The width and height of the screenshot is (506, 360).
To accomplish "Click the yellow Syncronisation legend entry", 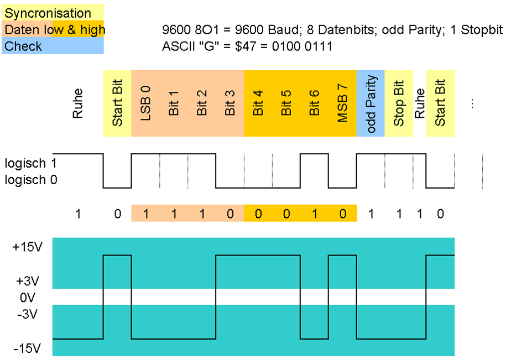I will pyautogui.click(x=48, y=13).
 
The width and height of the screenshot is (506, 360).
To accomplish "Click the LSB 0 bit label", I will pyautogui.click(x=145, y=103).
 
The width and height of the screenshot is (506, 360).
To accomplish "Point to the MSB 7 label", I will pyautogui.click(x=343, y=103).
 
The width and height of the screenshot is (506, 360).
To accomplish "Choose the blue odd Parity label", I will pyautogui.click(x=371, y=104).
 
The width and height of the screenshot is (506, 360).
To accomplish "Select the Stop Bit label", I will pyautogui.click(x=399, y=103).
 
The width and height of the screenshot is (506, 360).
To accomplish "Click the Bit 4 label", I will pyautogui.click(x=258, y=103).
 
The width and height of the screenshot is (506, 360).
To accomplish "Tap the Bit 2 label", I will pyautogui.click(x=202, y=103).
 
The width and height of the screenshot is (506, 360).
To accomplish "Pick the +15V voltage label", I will pyautogui.click(x=27, y=247).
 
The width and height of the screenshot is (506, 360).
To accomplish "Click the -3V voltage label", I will pyautogui.click(x=27, y=315).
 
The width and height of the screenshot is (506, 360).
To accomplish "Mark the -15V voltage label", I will pyautogui.click(x=27, y=348).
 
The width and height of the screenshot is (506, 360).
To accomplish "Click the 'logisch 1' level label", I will pyautogui.click(x=31, y=164).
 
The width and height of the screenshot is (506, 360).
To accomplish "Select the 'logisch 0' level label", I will pyautogui.click(x=31, y=180).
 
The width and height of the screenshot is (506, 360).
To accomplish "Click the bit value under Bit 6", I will pyautogui.click(x=315, y=213).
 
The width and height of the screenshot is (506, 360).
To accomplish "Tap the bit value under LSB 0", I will pyautogui.click(x=145, y=213).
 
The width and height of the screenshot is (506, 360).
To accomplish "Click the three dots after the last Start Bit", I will pyautogui.click(x=472, y=104).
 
